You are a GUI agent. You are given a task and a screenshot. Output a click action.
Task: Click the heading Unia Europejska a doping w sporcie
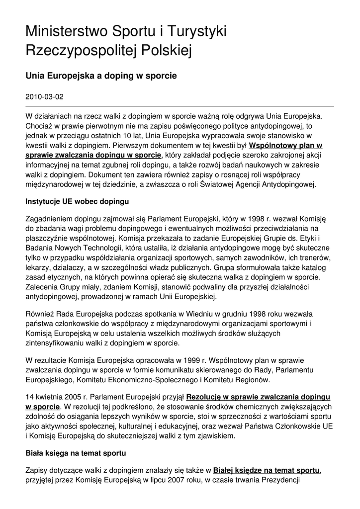[x=101, y=76]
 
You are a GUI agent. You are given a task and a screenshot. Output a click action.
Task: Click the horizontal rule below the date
[x=180, y=106]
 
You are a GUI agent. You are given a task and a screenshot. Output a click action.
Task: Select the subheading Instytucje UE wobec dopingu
[x=77, y=202]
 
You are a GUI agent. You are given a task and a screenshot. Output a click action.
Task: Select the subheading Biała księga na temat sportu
[x=76, y=453]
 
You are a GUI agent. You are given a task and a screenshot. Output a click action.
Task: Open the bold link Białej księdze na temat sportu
[x=266, y=470]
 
